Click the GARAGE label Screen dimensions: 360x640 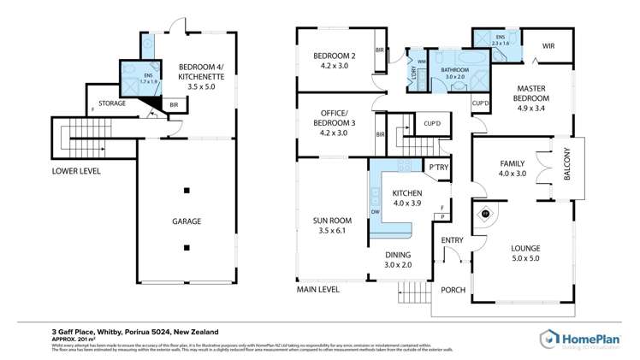(187, 221)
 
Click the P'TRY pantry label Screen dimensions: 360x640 (439, 168)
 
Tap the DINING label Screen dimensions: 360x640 (397, 255)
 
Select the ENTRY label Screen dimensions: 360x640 (452, 240)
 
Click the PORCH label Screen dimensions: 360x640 (453, 290)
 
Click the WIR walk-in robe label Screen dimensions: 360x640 (548, 44)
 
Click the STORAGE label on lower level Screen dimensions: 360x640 (112, 103)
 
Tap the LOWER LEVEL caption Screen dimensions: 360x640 (76, 171)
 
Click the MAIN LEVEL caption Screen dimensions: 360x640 (318, 289)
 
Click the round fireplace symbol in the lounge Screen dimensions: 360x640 (486, 214)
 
